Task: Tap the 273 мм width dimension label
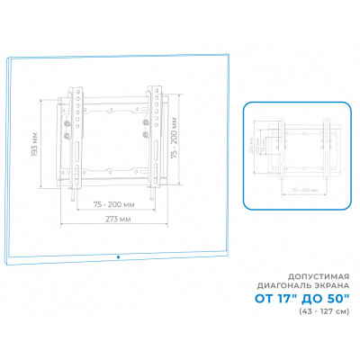tap(115, 219)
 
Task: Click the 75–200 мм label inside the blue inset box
tap(306, 191)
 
